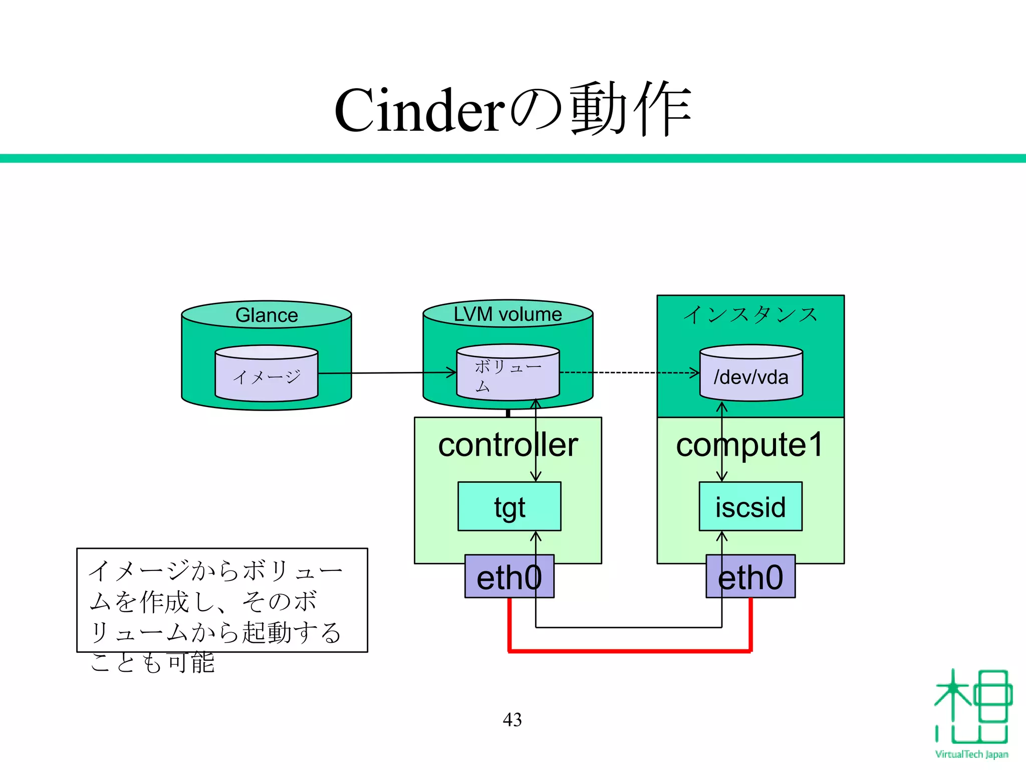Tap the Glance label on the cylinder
(x=267, y=315)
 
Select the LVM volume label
(x=507, y=314)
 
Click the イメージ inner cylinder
(x=267, y=376)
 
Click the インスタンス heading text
(x=750, y=315)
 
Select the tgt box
(x=509, y=507)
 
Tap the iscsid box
(x=750, y=507)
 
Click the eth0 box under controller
(x=509, y=577)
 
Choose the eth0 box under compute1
(x=750, y=577)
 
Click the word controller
(x=507, y=445)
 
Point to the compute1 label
(x=749, y=445)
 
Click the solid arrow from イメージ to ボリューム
(x=386, y=373)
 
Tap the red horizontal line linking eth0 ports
(x=629, y=651)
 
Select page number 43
(x=512, y=720)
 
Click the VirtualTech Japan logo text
(x=971, y=754)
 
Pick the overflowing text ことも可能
(x=152, y=663)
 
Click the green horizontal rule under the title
(x=513, y=158)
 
